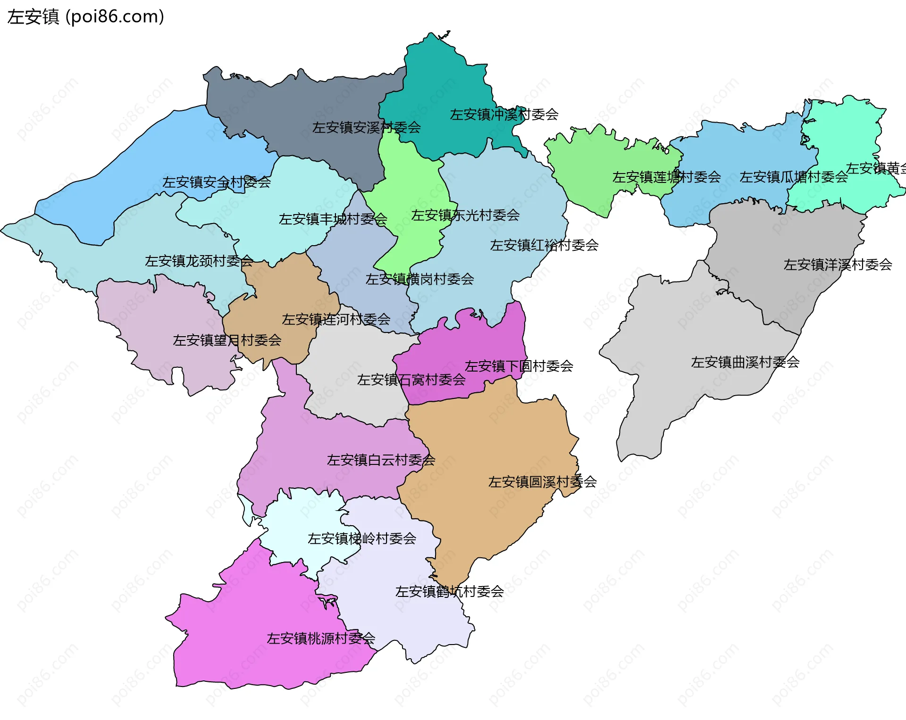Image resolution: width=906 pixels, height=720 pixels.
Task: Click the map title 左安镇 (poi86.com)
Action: click(x=86, y=17)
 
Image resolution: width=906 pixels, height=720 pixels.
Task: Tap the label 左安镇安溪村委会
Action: click(x=366, y=127)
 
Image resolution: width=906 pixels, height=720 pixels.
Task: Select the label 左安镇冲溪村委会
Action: click(x=504, y=115)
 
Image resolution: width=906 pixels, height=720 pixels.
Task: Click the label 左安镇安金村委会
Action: click(x=217, y=182)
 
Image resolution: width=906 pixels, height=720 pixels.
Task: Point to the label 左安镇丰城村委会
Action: click(x=333, y=219)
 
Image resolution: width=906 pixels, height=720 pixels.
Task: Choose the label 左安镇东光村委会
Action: click(x=465, y=215)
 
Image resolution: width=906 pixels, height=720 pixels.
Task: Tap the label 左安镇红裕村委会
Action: click(x=544, y=245)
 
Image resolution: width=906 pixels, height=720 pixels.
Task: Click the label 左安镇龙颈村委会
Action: click(x=199, y=261)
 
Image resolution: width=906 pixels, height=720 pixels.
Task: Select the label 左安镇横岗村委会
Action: click(x=419, y=279)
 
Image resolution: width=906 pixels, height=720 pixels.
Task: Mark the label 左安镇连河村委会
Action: click(x=336, y=320)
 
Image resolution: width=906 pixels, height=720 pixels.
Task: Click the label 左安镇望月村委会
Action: click(x=227, y=340)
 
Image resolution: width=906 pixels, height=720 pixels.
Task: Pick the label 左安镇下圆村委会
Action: click(x=519, y=366)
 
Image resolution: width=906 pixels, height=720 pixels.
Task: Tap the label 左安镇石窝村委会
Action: click(x=411, y=380)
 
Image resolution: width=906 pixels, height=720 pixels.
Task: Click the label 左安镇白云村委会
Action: click(x=381, y=460)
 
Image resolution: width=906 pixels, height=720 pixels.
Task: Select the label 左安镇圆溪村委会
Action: click(x=542, y=482)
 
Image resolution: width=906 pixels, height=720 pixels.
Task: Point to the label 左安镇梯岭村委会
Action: click(x=362, y=538)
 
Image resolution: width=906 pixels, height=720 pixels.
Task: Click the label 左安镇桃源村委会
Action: click(x=321, y=638)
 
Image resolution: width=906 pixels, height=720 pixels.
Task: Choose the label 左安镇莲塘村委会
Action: click(x=666, y=177)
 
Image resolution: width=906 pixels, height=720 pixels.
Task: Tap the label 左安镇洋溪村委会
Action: click(x=838, y=265)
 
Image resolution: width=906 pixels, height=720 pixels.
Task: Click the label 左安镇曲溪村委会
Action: click(x=745, y=362)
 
